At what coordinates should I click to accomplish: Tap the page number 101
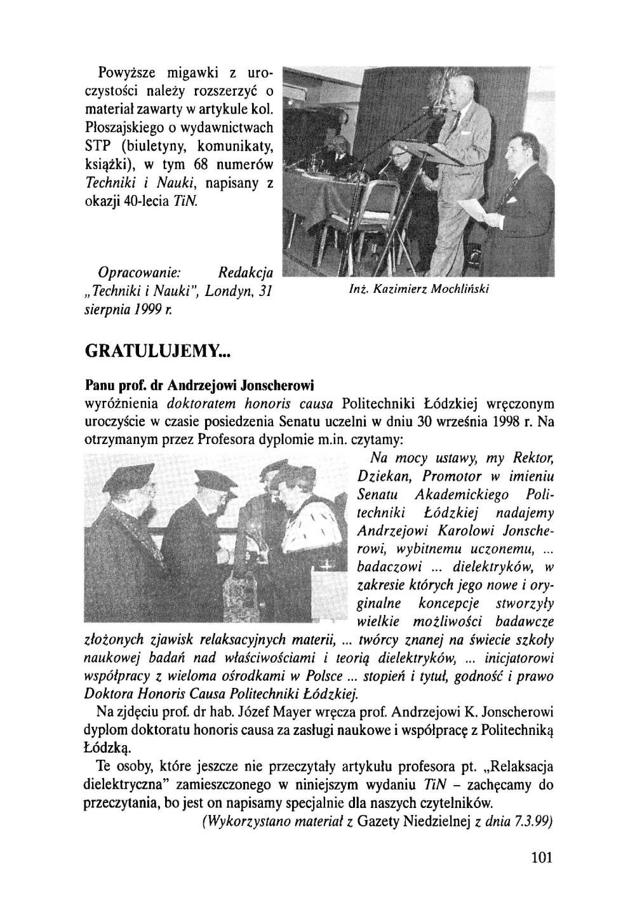pyautogui.click(x=541, y=857)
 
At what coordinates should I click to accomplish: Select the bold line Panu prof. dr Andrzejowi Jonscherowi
pyautogui.click(x=199, y=386)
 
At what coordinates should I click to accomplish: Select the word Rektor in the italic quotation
pyautogui.click(x=535, y=459)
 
